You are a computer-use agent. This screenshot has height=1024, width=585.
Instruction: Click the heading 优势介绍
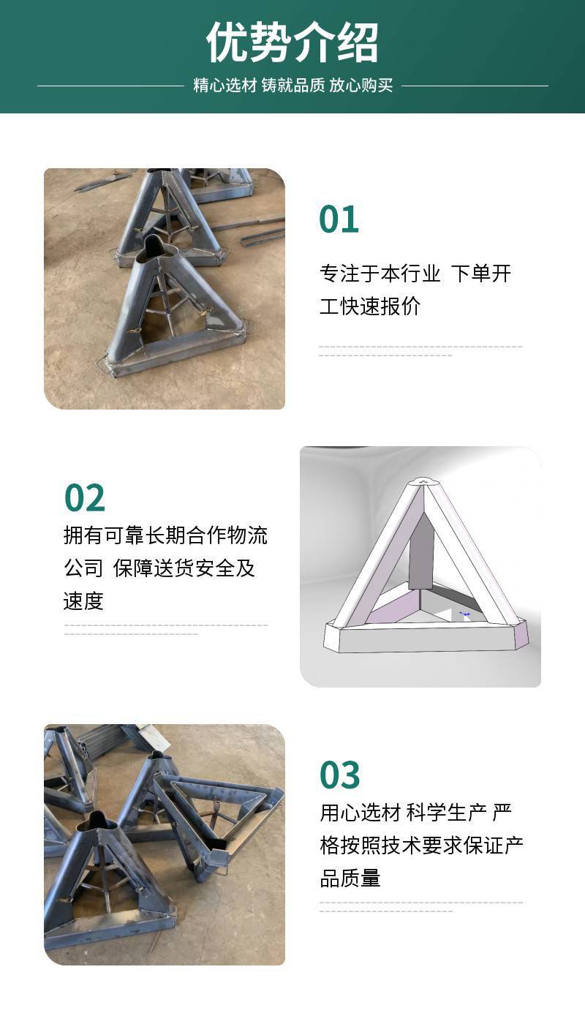(x=292, y=42)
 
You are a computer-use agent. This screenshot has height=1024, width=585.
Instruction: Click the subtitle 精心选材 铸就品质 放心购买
(x=293, y=86)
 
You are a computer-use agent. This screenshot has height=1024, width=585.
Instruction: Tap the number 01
(x=339, y=219)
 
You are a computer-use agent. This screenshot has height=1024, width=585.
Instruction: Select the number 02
(x=85, y=498)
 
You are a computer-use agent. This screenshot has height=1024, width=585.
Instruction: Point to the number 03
(x=339, y=775)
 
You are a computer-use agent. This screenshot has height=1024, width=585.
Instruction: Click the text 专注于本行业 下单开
(x=415, y=274)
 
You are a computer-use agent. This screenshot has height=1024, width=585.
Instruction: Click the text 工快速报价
(x=370, y=306)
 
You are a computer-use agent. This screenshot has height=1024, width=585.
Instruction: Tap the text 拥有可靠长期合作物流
(x=165, y=535)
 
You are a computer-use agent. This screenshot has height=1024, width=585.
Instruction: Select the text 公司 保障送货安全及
(x=159, y=568)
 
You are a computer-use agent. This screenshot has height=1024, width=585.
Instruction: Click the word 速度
(x=83, y=601)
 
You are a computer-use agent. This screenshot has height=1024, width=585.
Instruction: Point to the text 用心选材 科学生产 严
(x=415, y=813)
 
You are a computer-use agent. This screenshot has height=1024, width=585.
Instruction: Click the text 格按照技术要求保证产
(x=421, y=846)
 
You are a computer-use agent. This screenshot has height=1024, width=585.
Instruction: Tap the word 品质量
(x=350, y=878)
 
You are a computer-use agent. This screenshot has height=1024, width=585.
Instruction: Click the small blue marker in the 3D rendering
(x=465, y=614)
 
